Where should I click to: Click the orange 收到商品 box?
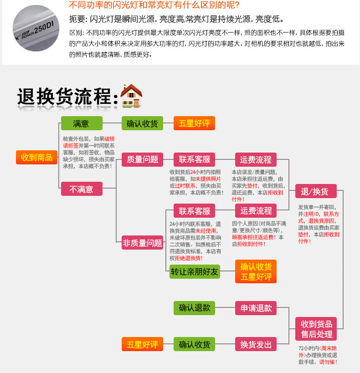[x=36, y=157]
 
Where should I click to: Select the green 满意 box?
[x=82, y=123]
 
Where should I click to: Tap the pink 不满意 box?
[x=82, y=189]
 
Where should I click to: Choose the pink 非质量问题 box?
[x=142, y=243]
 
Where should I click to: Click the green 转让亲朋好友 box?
[x=195, y=271]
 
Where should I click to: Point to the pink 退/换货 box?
[x=316, y=191]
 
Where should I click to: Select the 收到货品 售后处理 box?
[x=316, y=329]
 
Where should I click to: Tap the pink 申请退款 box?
[x=256, y=308]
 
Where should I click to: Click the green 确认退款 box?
[x=194, y=308]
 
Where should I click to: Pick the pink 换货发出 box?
[x=256, y=344]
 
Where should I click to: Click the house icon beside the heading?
[x=131, y=96]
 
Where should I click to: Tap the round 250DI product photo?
[x=36, y=28]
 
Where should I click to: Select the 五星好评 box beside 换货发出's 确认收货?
[x=142, y=344]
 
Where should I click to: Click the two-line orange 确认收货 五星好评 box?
[x=256, y=271]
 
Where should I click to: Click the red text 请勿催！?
[x=328, y=362]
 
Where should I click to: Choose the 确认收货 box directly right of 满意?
[x=142, y=123]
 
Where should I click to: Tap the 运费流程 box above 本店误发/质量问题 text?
[x=256, y=159]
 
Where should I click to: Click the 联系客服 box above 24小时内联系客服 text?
[x=194, y=210]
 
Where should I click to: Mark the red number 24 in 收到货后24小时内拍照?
[x=193, y=172]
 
